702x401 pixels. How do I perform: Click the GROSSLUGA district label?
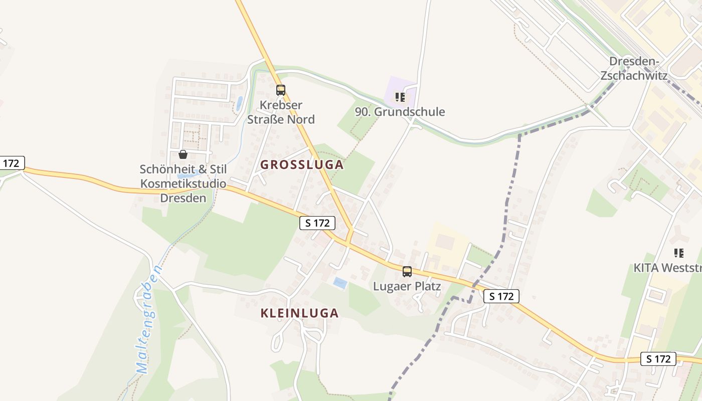302,164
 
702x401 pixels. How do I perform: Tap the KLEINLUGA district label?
299,313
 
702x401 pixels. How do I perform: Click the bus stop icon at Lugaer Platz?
407,272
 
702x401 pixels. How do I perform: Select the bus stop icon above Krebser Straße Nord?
281,90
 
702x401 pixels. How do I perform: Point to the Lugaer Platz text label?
407,286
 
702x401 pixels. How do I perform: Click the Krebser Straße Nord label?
281,112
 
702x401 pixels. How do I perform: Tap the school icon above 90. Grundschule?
400,97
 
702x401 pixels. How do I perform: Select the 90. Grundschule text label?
400,112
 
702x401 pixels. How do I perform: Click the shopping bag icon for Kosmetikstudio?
183,154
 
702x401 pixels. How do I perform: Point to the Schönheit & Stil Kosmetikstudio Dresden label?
183,183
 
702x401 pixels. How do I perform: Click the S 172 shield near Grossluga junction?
317,223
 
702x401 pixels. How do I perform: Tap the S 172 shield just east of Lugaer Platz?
501,296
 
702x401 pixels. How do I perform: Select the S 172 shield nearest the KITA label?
658,359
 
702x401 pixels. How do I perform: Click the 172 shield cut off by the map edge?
11,163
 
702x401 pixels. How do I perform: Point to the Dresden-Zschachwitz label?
634,69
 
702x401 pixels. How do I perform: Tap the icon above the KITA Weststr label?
679,253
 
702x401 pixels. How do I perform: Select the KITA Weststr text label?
667,268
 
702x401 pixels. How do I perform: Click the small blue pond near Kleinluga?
340,283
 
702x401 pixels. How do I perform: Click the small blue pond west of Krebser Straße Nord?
240,103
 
